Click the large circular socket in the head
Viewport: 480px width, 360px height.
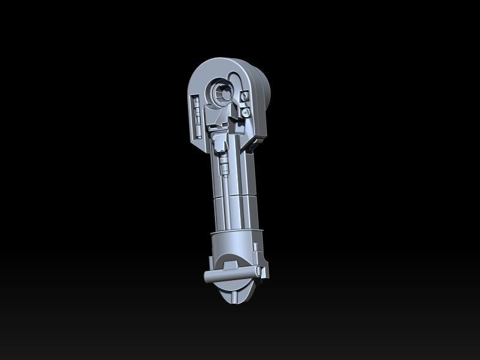(x=221, y=92)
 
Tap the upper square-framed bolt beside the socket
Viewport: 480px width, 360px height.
(x=244, y=97)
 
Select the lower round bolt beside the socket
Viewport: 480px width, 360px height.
(x=245, y=112)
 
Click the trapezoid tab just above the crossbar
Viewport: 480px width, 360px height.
(x=229, y=262)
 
